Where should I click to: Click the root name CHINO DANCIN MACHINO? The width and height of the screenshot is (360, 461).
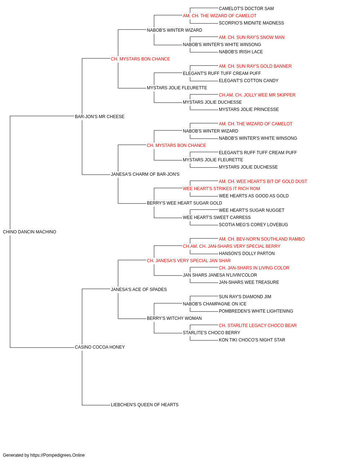(30, 232)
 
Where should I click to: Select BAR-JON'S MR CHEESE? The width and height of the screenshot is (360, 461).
(100, 117)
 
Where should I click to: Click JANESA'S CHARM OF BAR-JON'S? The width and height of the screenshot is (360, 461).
(145, 174)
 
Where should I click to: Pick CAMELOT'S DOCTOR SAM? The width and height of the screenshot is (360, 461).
(246, 9)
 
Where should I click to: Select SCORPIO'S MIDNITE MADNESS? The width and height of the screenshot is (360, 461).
(251, 23)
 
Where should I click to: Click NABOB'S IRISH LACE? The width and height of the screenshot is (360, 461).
(241, 52)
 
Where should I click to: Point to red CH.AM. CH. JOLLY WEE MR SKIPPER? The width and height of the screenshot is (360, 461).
(257, 95)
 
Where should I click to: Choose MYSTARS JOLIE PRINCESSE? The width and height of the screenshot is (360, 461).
(249, 109)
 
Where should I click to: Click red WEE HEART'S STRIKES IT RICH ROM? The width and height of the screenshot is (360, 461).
(221, 189)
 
